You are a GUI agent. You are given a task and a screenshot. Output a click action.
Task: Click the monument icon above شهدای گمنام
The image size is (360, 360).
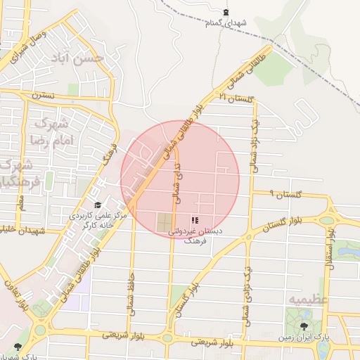click(226, 12)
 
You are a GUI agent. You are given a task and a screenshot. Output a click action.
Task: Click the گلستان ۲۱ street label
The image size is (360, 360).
click(235, 98)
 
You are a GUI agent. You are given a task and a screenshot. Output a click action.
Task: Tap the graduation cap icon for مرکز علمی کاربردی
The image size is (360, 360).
click(98, 205)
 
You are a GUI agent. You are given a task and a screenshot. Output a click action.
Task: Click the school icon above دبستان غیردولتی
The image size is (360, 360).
click(194, 220)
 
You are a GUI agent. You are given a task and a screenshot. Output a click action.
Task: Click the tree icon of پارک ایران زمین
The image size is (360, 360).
click(304, 326)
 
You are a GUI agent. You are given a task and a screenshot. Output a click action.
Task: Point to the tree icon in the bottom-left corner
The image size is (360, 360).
click(18, 347)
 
